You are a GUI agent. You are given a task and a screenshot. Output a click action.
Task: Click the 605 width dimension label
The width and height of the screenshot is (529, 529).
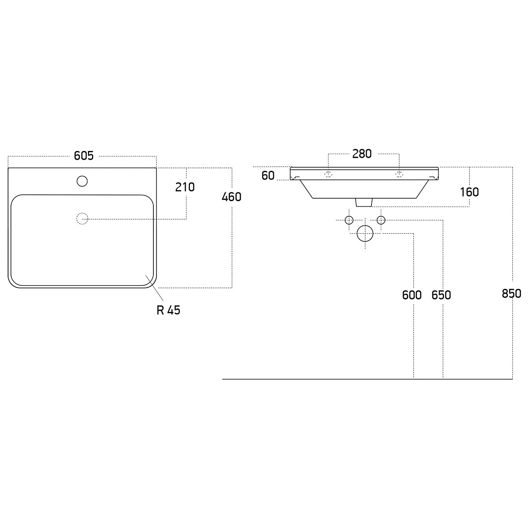click(x=84, y=156)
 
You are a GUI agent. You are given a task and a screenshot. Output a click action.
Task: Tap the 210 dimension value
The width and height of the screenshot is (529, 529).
click(x=185, y=187)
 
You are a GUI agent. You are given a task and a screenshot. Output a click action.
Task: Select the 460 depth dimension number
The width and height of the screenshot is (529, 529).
click(x=232, y=197)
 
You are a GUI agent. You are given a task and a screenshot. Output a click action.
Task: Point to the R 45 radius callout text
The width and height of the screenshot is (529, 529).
click(x=168, y=310)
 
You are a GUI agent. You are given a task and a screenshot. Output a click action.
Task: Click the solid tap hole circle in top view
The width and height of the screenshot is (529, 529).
click(x=82, y=181)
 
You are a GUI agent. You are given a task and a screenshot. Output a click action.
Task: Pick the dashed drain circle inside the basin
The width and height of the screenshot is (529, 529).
click(x=82, y=219)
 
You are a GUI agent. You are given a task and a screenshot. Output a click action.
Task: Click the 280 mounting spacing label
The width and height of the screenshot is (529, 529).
click(x=362, y=154)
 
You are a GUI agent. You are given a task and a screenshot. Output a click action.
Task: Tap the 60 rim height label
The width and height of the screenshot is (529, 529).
click(x=268, y=176)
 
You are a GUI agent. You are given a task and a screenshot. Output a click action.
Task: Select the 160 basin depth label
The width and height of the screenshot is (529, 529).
click(x=470, y=192)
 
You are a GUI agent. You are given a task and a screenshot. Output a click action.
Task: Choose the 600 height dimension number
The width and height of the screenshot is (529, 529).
click(x=412, y=295)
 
